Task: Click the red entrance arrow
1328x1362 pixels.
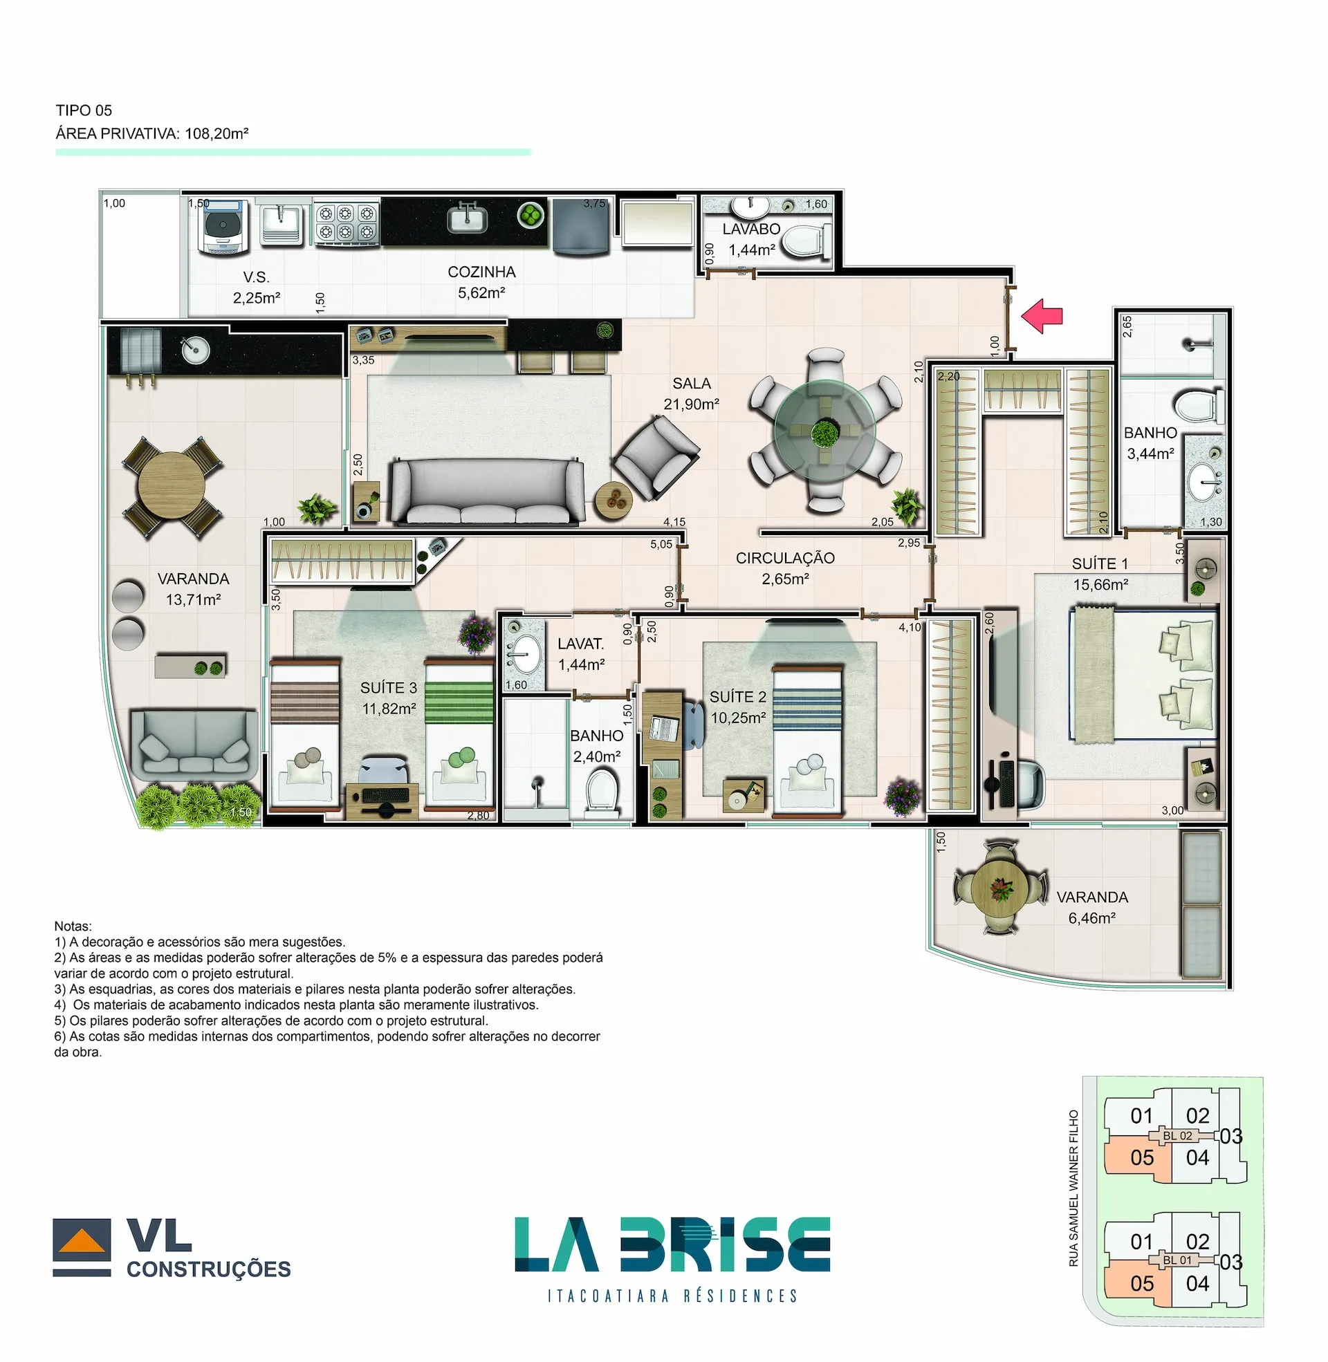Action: pyautogui.click(x=1042, y=316)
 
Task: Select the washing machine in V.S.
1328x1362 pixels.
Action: pyautogui.click(x=223, y=227)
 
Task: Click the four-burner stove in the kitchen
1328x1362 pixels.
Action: pyautogui.click(x=346, y=223)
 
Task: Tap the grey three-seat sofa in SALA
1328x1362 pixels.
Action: pyautogui.click(x=487, y=492)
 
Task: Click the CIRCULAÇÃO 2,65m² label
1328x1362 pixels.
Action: pyautogui.click(x=784, y=568)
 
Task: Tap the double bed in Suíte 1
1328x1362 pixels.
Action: pyautogui.click(x=1144, y=675)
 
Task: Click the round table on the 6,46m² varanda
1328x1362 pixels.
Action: pyautogui.click(x=1001, y=886)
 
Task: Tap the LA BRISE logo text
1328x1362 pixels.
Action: pyautogui.click(x=672, y=1244)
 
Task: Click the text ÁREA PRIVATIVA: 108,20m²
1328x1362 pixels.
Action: pyautogui.click(x=152, y=133)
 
